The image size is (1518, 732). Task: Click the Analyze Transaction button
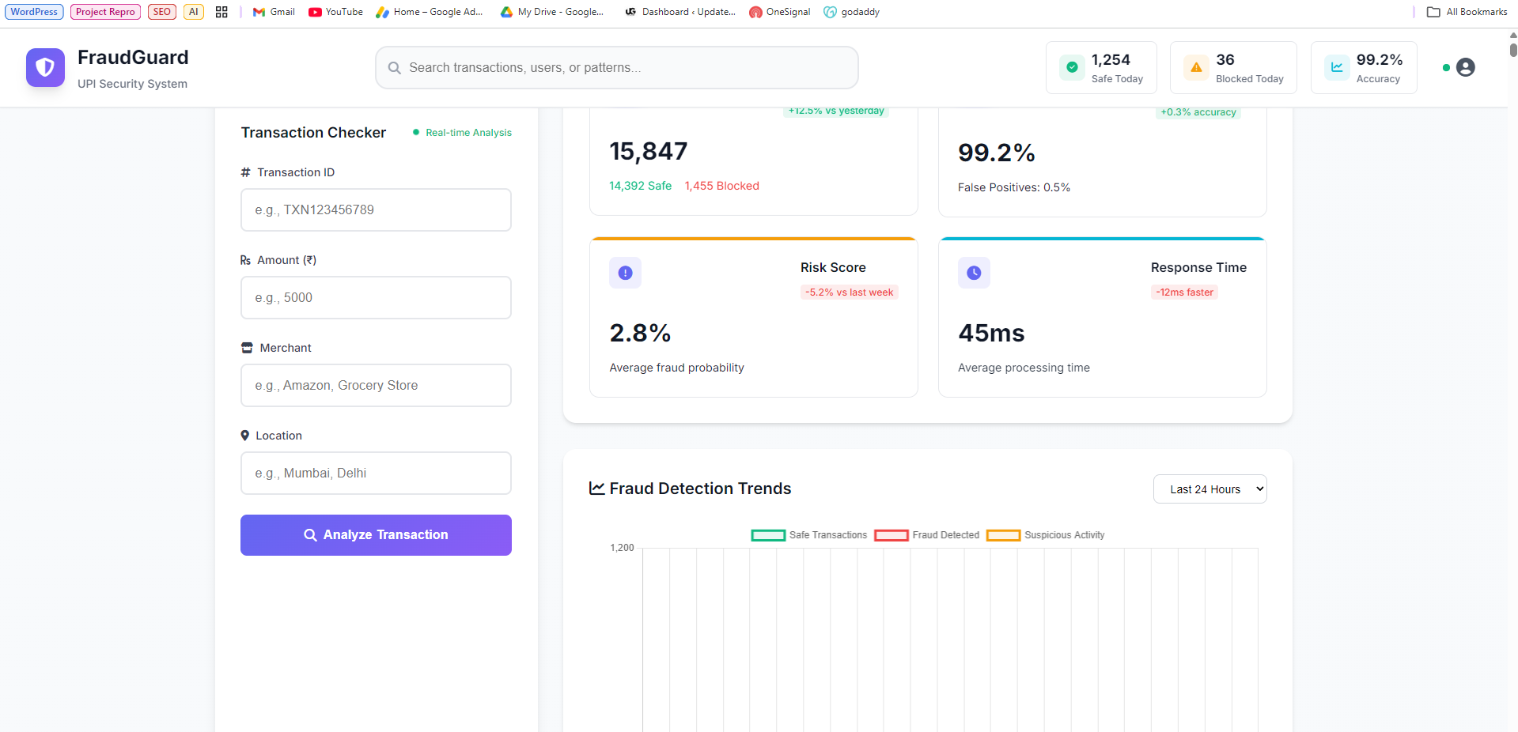pos(376,535)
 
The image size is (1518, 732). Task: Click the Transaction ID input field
pos(376,210)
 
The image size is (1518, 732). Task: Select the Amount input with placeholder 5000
pos(376,298)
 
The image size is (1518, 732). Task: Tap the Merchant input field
pos(376,386)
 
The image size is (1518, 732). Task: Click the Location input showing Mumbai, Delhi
pos(376,474)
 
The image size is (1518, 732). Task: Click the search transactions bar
pos(616,68)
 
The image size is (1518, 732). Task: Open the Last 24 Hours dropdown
pos(1209,489)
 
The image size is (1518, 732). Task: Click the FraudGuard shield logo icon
pos(45,68)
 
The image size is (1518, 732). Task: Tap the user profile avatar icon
pos(1465,68)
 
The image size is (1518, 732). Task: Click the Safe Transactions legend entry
pos(809,535)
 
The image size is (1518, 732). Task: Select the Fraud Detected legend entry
pos(927,535)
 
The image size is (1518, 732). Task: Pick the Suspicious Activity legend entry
pos(1046,535)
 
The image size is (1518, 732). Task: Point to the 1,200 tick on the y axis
pos(622,548)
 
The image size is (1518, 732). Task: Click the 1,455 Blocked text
pos(721,186)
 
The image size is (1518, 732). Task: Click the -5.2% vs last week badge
pos(849,292)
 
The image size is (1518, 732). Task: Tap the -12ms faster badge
pos(1184,292)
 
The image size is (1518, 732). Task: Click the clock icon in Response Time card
pos(974,273)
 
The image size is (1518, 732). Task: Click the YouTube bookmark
pos(335,12)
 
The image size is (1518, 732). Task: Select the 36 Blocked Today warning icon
pos(1196,68)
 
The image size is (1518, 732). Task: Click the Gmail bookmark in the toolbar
pos(274,12)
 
